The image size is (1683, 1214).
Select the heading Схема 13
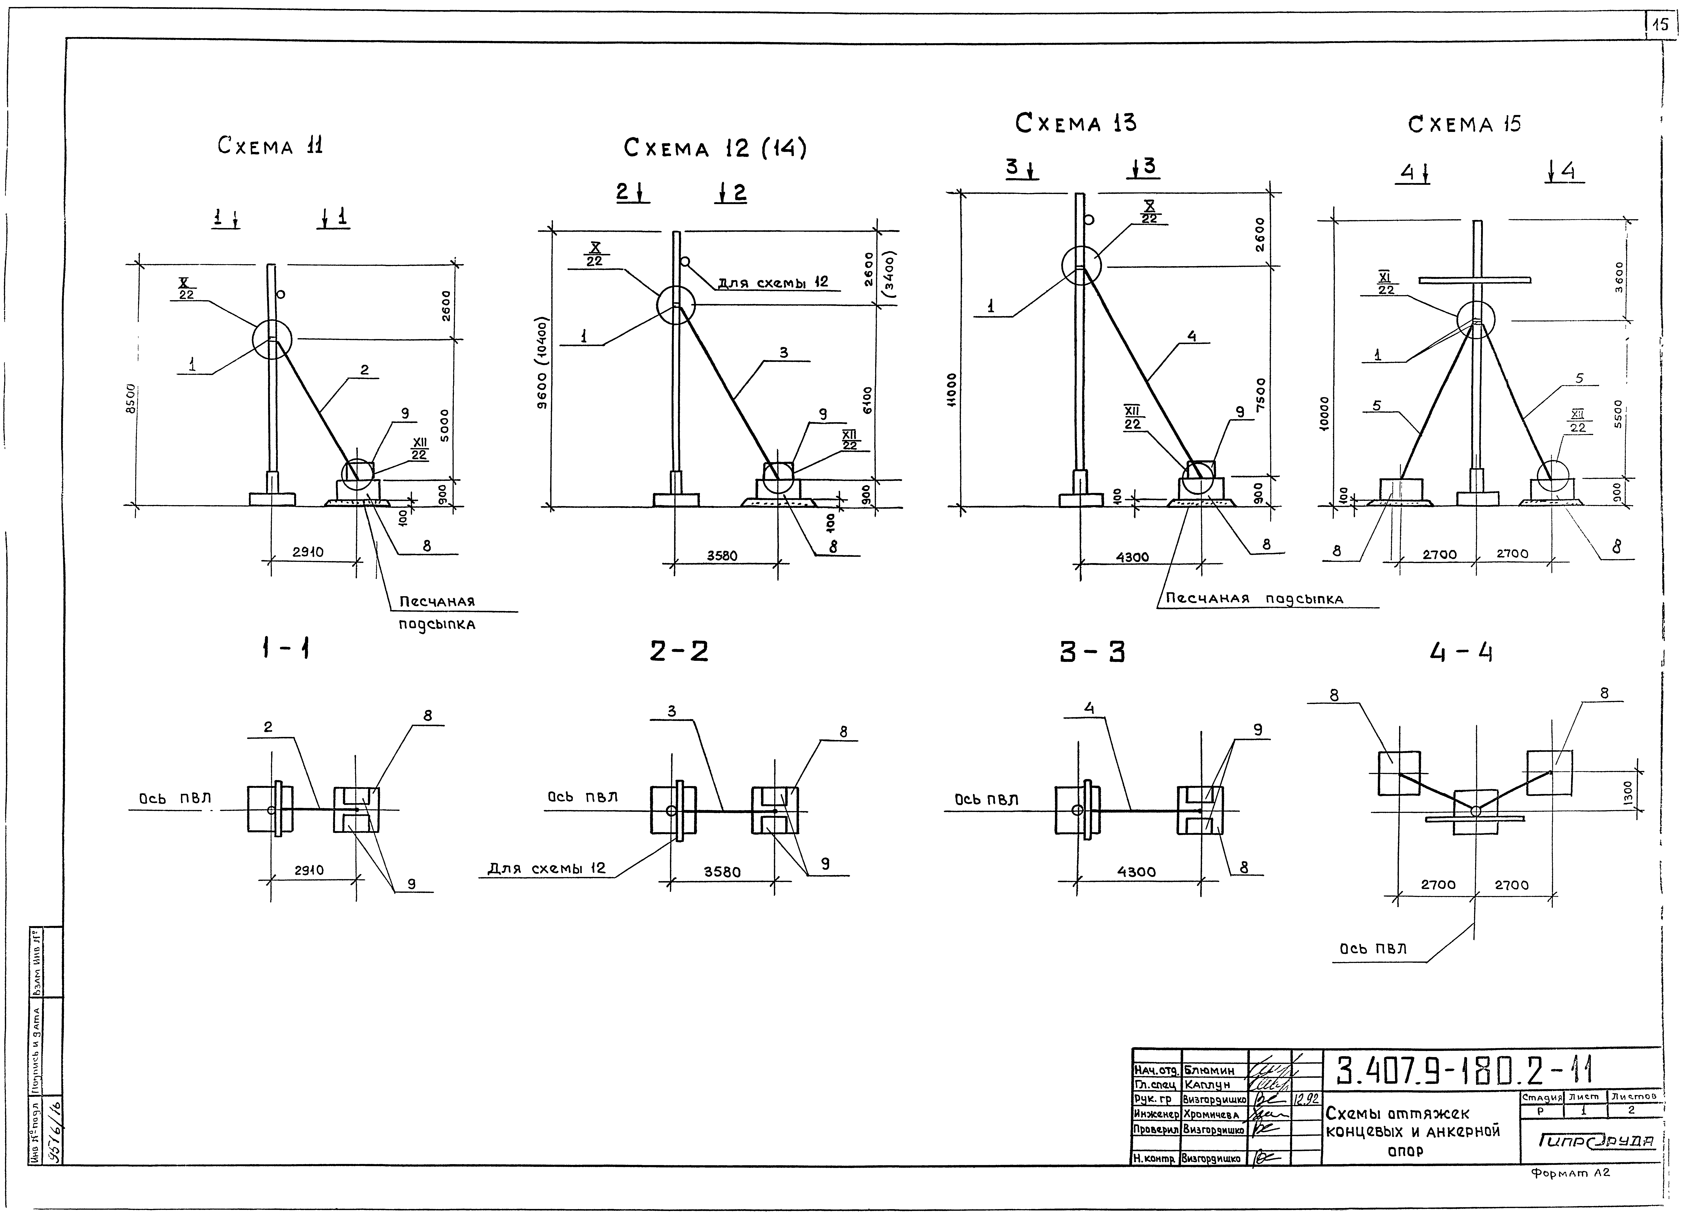[1075, 123]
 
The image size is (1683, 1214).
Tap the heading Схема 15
[1464, 124]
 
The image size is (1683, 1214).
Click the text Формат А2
[1569, 1173]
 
